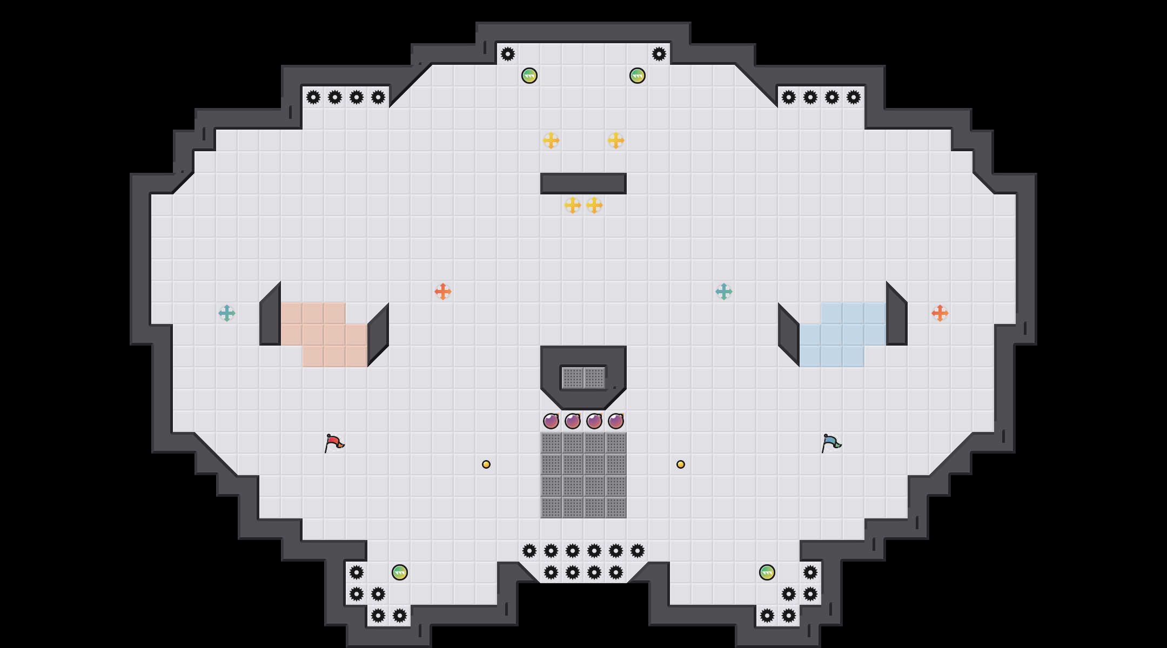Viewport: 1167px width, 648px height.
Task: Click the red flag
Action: point(334,443)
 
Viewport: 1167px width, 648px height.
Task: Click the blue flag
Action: point(831,443)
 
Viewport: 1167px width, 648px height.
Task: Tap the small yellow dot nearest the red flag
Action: point(486,464)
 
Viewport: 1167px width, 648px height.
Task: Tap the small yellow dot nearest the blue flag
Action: point(681,464)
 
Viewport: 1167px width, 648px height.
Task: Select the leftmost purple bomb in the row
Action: point(551,421)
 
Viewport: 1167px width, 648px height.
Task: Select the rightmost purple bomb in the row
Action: point(616,421)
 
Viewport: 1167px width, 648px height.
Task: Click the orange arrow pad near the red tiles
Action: point(443,292)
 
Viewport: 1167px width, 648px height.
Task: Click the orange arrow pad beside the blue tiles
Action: point(940,313)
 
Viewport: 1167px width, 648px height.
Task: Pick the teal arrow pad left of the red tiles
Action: point(227,313)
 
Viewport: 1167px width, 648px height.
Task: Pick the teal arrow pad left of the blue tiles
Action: point(724,292)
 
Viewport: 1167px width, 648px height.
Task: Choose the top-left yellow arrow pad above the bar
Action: point(551,140)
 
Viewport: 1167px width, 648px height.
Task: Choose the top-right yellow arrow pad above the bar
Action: point(616,140)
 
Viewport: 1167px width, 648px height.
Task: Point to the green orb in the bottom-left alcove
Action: point(400,572)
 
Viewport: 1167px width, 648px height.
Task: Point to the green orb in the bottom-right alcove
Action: point(767,572)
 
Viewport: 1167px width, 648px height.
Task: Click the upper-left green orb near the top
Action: point(529,76)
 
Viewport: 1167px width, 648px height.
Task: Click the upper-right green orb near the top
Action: point(638,76)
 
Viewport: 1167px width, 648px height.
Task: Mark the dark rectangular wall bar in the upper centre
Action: point(583,184)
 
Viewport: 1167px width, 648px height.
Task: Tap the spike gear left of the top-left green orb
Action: point(508,54)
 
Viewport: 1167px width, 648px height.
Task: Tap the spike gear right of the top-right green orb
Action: point(659,54)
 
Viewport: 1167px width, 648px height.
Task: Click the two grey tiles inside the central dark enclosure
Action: point(583,378)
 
